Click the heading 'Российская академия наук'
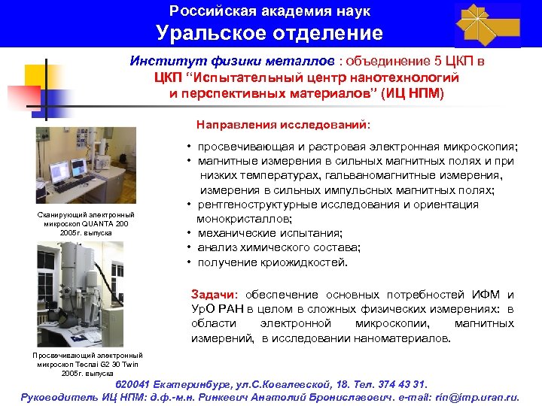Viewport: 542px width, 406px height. click(270, 11)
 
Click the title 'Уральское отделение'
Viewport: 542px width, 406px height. click(269, 33)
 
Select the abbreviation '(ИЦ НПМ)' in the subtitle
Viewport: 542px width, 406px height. click(413, 93)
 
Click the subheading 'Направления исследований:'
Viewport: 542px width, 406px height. click(283, 123)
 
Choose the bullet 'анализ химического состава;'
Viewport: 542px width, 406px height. click(279, 247)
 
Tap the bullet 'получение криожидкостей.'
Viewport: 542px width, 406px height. click(273, 262)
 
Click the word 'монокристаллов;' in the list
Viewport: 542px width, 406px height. click(244, 219)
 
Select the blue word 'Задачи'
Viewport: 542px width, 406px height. click(214, 295)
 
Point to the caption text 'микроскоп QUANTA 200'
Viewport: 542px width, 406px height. click(86, 224)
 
